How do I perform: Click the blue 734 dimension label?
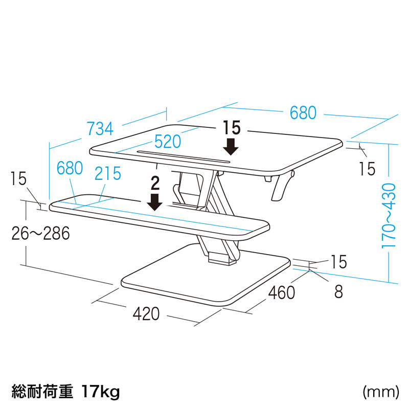click(x=100, y=129)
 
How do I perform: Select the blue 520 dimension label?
click(x=168, y=142)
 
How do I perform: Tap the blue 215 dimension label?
click(x=108, y=173)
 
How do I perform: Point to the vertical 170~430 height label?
click(x=389, y=215)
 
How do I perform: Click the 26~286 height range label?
click(x=41, y=233)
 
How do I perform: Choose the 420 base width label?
click(x=146, y=313)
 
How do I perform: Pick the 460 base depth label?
click(x=282, y=292)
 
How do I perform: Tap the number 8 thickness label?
click(x=338, y=291)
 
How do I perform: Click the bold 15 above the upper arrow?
click(x=232, y=127)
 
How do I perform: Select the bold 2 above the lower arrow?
click(x=155, y=183)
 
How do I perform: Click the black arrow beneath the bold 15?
click(x=231, y=147)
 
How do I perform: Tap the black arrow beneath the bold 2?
click(x=155, y=202)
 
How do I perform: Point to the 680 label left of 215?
click(x=70, y=168)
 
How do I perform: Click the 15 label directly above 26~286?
click(x=19, y=178)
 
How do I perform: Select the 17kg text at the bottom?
click(x=101, y=391)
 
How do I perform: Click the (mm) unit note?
click(x=381, y=392)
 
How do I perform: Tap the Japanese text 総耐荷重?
click(x=42, y=391)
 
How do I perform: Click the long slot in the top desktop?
click(x=184, y=156)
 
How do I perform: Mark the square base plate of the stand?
click(x=206, y=275)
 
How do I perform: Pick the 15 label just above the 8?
click(x=339, y=262)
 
